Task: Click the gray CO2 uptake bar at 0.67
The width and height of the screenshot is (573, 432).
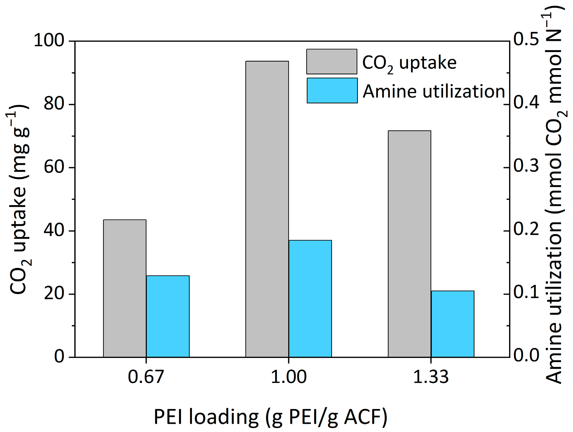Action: (x=125, y=288)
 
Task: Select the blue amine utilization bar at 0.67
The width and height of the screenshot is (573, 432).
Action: (x=168, y=316)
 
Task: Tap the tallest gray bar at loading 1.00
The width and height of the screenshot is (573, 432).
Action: (x=267, y=209)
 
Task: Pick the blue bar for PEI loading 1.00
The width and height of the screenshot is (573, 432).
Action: (x=310, y=299)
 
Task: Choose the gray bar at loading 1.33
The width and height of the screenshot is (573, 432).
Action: (x=409, y=244)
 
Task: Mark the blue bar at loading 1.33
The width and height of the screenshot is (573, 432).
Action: (x=453, y=324)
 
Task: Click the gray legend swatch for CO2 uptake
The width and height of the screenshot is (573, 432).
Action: (x=332, y=61)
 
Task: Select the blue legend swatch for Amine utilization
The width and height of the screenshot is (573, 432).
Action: (x=332, y=91)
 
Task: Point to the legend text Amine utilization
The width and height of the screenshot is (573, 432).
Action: (x=434, y=91)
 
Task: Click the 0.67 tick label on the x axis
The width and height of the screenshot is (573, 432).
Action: (x=146, y=377)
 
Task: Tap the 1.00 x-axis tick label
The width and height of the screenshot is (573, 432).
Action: (x=289, y=377)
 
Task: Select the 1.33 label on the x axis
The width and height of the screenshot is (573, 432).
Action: (x=431, y=377)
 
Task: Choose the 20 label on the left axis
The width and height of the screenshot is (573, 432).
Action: (x=54, y=294)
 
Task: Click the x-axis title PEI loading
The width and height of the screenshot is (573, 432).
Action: (x=270, y=417)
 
